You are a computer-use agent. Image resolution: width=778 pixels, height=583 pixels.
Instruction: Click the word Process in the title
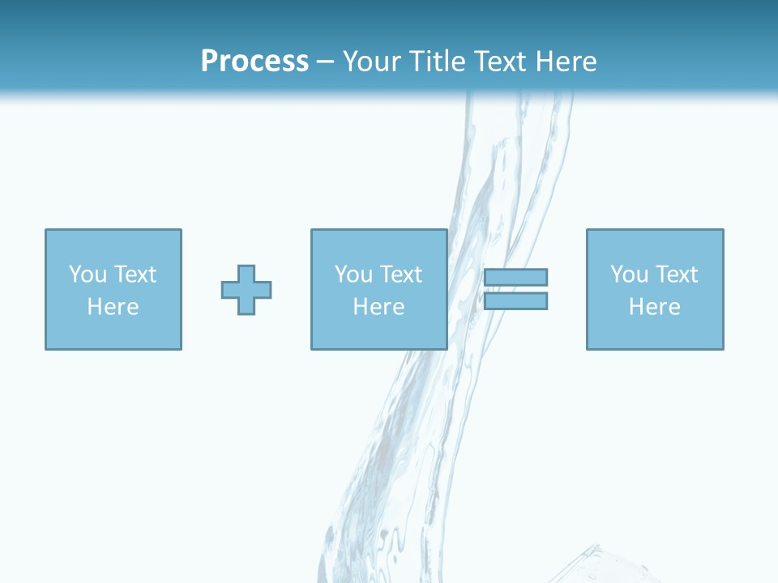pyautogui.click(x=254, y=62)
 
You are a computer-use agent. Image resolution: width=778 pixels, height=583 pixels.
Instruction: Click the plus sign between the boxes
pyautogui.click(x=246, y=290)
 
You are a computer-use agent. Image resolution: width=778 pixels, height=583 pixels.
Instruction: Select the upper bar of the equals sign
pyautogui.click(x=515, y=277)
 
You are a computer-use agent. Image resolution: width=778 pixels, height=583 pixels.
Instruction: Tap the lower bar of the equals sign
pyautogui.click(x=515, y=301)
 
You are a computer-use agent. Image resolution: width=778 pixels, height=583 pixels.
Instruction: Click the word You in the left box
pyautogui.click(x=88, y=274)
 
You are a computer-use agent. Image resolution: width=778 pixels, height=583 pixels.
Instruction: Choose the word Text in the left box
pyautogui.click(x=135, y=274)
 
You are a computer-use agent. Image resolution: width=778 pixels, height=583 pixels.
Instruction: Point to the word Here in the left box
pyautogui.click(x=113, y=307)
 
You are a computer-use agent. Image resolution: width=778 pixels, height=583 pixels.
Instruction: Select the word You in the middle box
pyautogui.click(x=353, y=274)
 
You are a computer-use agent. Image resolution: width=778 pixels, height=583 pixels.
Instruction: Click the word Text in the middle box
pyautogui.click(x=400, y=274)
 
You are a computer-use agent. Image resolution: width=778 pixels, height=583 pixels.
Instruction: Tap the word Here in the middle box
pyautogui.click(x=378, y=307)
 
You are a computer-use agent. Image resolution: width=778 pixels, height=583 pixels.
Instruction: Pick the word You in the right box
pyautogui.click(x=629, y=274)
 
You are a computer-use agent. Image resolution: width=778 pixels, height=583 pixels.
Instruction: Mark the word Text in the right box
pyautogui.click(x=676, y=274)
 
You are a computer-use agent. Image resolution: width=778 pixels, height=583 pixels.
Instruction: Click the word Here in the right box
pyautogui.click(x=654, y=307)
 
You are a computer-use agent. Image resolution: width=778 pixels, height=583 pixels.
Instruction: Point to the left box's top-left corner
pyautogui.click(x=46, y=230)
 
